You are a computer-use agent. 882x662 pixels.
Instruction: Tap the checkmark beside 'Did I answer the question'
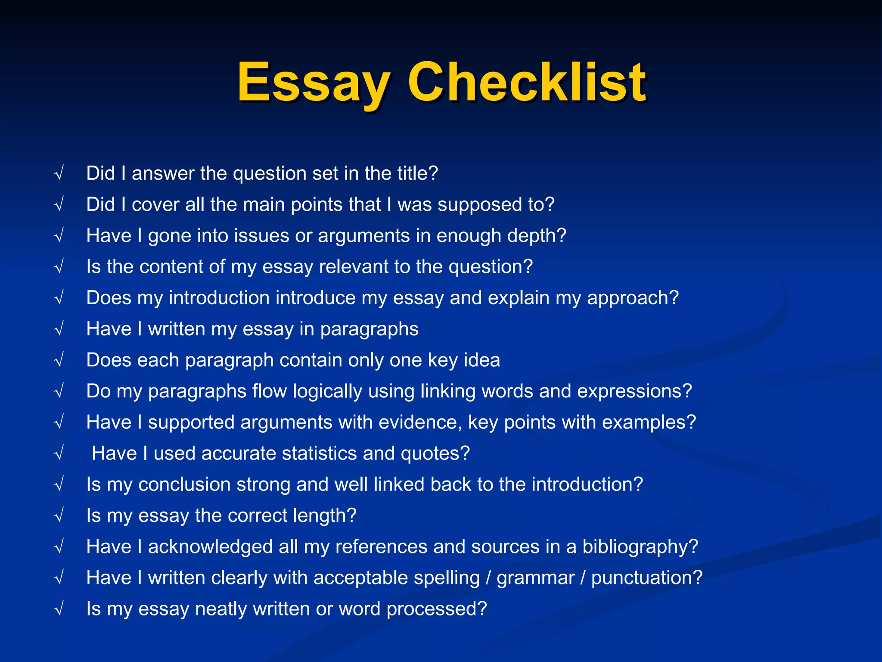click(59, 174)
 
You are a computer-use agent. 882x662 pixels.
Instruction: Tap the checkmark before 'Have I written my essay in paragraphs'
click(59, 329)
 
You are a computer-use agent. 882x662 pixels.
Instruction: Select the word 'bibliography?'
click(640, 547)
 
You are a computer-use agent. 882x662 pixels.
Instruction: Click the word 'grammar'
click(535, 578)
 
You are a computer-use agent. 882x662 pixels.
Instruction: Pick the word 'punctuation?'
click(646, 578)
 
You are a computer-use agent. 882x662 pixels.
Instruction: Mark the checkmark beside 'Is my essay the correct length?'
click(59, 516)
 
